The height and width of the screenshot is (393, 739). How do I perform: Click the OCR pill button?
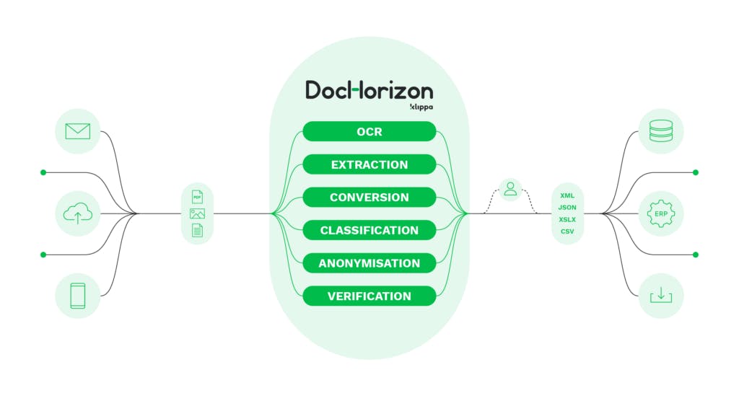point(369,131)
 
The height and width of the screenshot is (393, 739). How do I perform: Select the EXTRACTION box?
point(369,164)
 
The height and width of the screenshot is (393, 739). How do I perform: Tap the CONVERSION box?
point(369,197)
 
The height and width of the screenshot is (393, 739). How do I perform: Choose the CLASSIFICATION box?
point(369,230)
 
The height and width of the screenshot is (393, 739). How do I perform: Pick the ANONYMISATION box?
point(369,263)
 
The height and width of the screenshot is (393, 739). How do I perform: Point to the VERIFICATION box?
point(369,296)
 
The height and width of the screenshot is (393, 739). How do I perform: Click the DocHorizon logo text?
point(369,90)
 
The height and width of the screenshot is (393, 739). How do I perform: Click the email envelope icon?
point(77,131)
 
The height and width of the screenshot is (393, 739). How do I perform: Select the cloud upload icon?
point(77,213)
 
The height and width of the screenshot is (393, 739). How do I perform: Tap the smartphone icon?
point(77,296)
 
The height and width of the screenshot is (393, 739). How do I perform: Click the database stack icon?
point(660,131)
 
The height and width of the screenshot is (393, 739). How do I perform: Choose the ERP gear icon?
point(660,213)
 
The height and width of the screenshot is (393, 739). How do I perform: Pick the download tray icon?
point(660,296)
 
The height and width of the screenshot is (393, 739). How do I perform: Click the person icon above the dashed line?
point(511,189)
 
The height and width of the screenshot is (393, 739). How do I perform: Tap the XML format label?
point(567,195)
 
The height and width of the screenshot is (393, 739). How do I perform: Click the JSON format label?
point(567,208)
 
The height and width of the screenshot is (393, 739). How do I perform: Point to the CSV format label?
point(567,231)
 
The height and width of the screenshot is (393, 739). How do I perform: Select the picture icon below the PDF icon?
point(197,213)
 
